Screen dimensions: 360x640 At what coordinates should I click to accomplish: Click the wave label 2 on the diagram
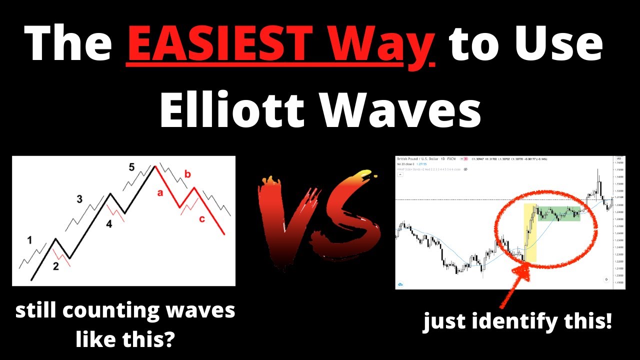tap(56, 266)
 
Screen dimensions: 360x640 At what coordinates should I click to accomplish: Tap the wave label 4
tap(108, 224)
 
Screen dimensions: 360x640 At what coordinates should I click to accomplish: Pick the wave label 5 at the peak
tap(131, 167)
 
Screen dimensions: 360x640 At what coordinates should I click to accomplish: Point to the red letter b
tap(187, 174)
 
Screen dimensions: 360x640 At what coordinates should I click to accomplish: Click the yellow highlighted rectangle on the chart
tap(530, 232)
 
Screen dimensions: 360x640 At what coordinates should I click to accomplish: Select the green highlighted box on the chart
tap(559, 213)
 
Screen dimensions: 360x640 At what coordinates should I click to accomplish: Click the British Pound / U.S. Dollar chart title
tap(417, 158)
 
